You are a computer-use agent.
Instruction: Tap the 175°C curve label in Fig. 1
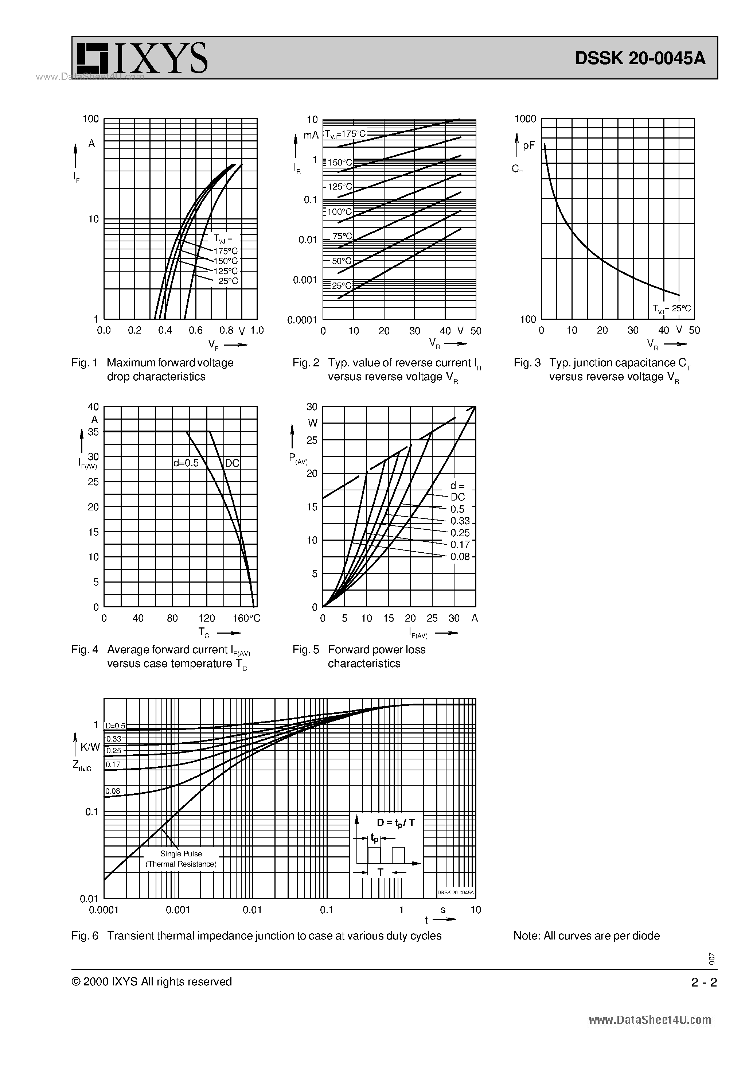pos(226,251)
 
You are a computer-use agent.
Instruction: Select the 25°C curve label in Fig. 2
pos(342,286)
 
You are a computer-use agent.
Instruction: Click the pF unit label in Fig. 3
pos(529,146)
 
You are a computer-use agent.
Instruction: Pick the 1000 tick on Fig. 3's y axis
pos(526,119)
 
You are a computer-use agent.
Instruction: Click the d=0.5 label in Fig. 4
pos(186,463)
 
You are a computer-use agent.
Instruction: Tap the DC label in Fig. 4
pos(232,463)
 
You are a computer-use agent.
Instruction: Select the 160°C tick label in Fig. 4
pos(246,618)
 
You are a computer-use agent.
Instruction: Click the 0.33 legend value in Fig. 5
pos(460,521)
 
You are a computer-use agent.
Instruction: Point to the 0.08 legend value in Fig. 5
pos(460,557)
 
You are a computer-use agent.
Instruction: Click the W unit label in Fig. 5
pos(313,423)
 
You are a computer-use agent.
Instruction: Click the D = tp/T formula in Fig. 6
pos(395,823)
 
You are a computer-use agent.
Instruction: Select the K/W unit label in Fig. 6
pos(90,747)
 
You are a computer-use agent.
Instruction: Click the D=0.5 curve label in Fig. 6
pos(115,726)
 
